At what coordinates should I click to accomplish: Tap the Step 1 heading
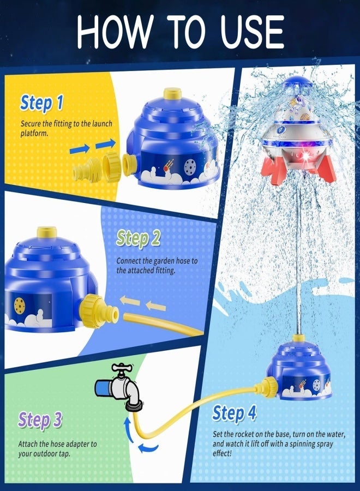pyautogui.click(x=41, y=103)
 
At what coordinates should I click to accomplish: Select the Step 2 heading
pyautogui.click(x=138, y=238)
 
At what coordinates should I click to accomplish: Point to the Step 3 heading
pyautogui.click(x=40, y=420)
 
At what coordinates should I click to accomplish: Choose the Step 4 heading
pyautogui.click(x=234, y=413)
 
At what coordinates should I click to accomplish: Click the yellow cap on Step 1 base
pyautogui.click(x=172, y=93)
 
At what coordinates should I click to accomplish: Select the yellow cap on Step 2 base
pyautogui.click(x=47, y=232)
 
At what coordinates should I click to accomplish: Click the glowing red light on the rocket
pyautogui.click(x=305, y=155)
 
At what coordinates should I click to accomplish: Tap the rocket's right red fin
pyautogui.click(x=327, y=169)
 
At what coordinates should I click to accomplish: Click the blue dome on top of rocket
pyautogui.click(x=297, y=83)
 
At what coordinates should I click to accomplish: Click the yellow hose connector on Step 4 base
pyautogui.click(x=268, y=387)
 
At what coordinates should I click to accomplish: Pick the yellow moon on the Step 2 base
pyautogui.click(x=20, y=306)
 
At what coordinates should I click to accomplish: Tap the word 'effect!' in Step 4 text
pyautogui.click(x=222, y=453)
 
